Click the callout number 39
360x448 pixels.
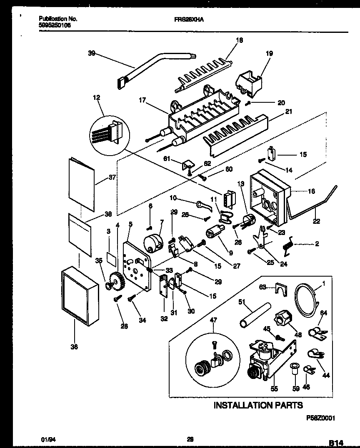point(92,53)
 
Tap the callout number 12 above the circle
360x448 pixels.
point(97,97)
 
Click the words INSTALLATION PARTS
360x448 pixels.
point(258,405)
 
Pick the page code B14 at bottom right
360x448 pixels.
point(338,443)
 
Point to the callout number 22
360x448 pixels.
point(316,221)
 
